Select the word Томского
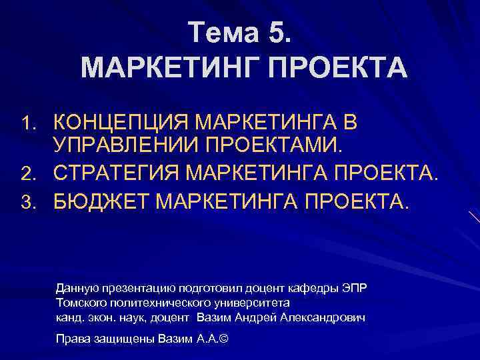tap(79, 302)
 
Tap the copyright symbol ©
tap(223, 339)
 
